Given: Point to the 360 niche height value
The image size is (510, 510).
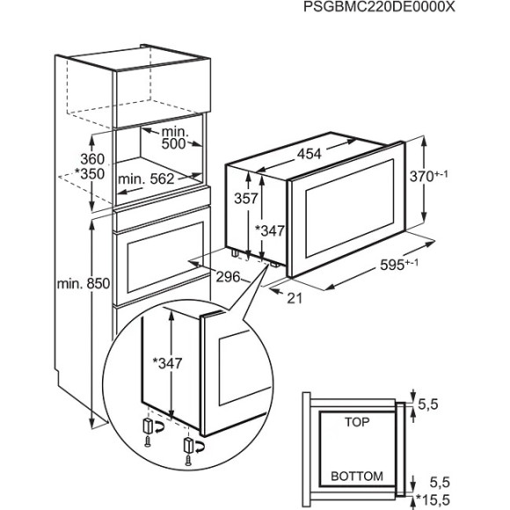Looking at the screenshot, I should [x=90, y=159].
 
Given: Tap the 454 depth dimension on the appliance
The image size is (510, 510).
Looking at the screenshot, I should [x=307, y=153].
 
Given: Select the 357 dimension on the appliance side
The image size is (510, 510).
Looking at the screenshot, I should [x=251, y=200].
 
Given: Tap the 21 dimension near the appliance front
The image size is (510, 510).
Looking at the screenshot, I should [x=294, y=298].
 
